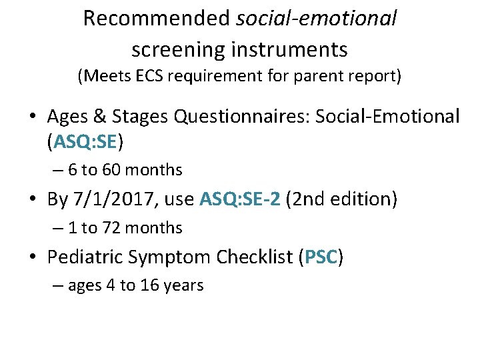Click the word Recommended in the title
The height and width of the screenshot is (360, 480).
(x=157, y=19)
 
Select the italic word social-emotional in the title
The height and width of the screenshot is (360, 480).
(x=317, y=19)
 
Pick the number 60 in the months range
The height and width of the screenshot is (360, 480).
(x=111, y=171)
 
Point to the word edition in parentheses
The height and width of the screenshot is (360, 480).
(x=361, y=199)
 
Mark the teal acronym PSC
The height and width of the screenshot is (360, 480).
(x=321, y=257)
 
